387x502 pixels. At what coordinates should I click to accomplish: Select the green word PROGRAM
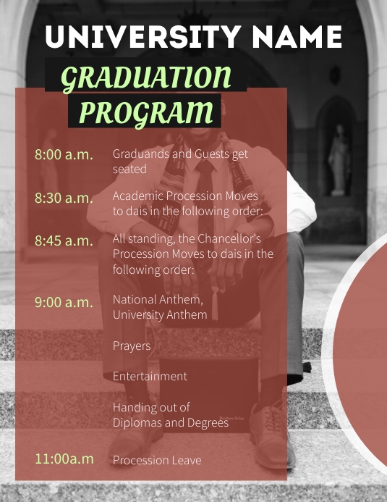145,113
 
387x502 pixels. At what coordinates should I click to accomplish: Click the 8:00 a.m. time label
64,154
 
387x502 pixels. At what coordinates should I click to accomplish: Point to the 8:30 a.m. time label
64,198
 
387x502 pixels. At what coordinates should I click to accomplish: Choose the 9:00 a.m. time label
64,302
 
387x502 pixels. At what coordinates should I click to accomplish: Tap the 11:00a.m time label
64,459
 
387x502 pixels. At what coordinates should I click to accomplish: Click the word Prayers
132,346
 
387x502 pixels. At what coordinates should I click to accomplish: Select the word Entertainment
150,376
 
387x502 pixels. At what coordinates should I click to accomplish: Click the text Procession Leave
157,460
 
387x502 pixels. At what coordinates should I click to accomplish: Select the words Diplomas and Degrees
170,422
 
